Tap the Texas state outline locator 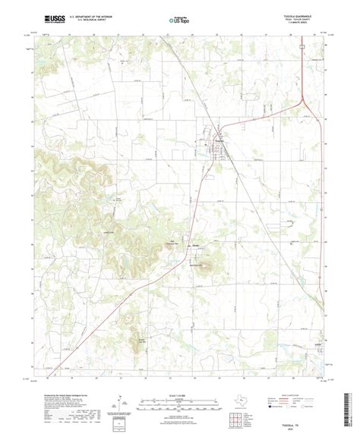tap(241, 394)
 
